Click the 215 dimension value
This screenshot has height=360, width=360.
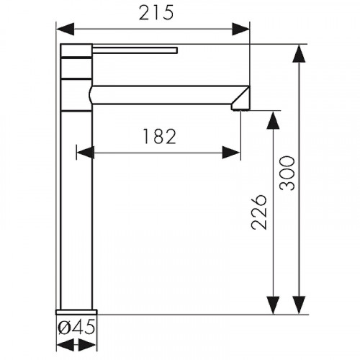(x=156, y=12)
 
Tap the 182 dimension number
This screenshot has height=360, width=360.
(x=160, y=136)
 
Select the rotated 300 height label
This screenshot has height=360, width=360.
(x=287, y=173)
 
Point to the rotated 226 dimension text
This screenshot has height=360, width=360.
(x=259, y=212)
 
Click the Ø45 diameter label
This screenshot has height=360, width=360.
(x=76, y=328)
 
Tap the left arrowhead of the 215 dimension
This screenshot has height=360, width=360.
(x=65, y=29)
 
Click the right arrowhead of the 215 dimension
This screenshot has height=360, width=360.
(x=240, y=29)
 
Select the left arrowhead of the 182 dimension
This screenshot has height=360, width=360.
(x=85, y=153)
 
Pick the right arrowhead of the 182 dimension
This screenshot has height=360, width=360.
(x=231, y=153)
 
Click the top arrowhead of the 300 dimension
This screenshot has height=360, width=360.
(x=299, y=53)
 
